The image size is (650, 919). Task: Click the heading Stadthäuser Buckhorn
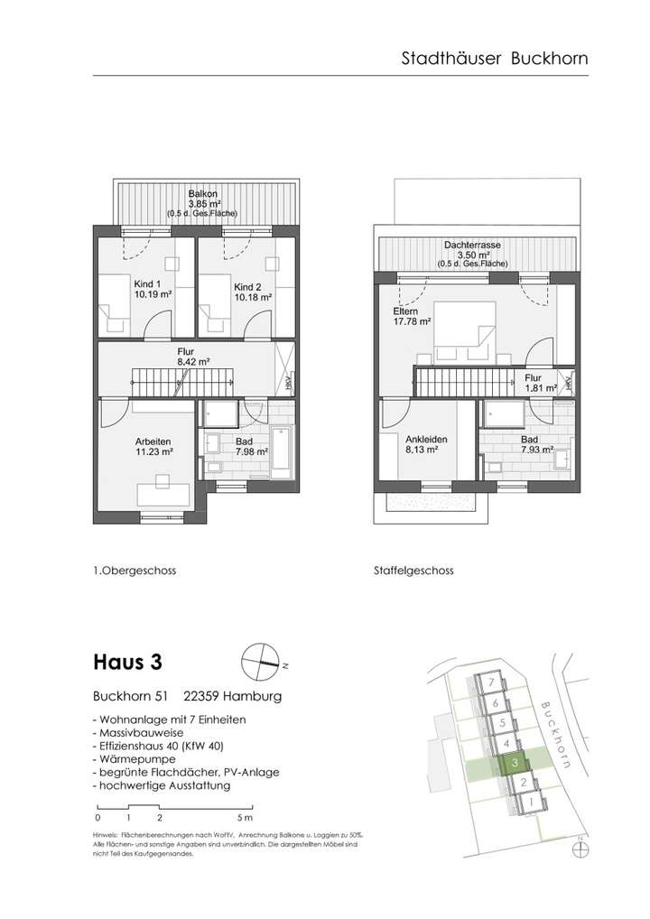(494, 59)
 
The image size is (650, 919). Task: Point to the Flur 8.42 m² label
(192, 356)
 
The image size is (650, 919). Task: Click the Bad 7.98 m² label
(252, 446)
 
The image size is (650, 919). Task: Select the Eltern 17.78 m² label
(412, 315)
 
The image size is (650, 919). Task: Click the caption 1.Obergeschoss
(135, 571)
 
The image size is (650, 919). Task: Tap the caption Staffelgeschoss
(413, 571)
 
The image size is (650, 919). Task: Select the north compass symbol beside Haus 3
(262, 662)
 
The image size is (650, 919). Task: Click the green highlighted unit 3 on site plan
(514, 764)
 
